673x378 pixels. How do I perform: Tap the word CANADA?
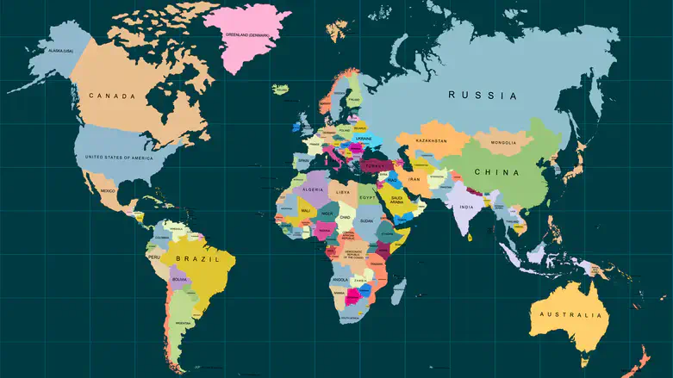coord(112,96)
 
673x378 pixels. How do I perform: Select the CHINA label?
coord(497,172)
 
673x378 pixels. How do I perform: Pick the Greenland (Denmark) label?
coord(246,35)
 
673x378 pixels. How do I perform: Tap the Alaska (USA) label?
coord(61,52)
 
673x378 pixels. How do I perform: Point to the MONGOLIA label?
coord(503,142)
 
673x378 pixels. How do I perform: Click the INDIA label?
coord(466,207)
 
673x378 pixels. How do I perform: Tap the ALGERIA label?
coord(312,189)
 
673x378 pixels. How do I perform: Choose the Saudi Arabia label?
coord(397,200)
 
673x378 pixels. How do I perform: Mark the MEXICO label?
coord(108,190)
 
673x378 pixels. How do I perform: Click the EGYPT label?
coord(368,197)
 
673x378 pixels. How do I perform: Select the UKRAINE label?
coord(364,138)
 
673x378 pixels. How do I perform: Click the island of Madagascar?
coord(399,291)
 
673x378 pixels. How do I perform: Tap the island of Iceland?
coord(281,89)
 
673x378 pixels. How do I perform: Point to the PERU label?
coord(154,257)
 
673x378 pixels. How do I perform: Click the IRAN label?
coord(414,179)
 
